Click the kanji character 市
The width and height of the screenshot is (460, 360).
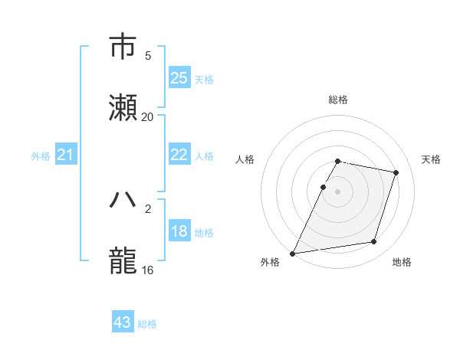(123, 47)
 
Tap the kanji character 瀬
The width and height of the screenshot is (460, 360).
(123, 108)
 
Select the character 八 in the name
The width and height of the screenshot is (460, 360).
(123, 200)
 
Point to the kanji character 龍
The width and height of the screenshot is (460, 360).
(123, 261)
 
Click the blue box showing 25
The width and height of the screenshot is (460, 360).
(179, 78)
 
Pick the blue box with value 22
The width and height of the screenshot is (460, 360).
(179, 155)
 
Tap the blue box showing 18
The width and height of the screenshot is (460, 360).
(179, 231)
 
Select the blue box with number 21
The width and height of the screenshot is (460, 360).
(66, 155)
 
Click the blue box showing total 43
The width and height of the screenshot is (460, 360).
(123, 322)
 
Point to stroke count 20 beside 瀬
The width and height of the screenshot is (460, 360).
(147, 117)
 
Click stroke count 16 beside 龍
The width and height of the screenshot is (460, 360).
(147, 270)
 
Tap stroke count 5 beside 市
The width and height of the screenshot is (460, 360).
(148, 56)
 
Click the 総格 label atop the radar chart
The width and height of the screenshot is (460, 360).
(337, 100)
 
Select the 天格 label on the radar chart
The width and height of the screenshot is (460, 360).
(431, 159)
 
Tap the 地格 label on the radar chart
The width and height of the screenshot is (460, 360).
(401, 263)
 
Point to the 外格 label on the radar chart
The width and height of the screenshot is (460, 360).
(270, 263)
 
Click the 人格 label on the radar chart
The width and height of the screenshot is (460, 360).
(245, 159)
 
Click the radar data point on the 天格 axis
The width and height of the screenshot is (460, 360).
(396, 172)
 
